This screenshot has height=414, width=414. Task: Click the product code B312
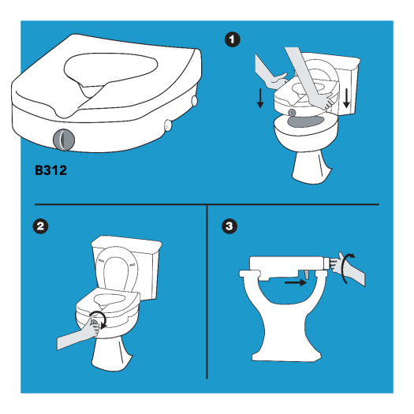(50, 169)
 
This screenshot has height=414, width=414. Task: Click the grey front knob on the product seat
(62, 140)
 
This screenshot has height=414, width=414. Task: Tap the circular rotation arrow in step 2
(98, 319)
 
